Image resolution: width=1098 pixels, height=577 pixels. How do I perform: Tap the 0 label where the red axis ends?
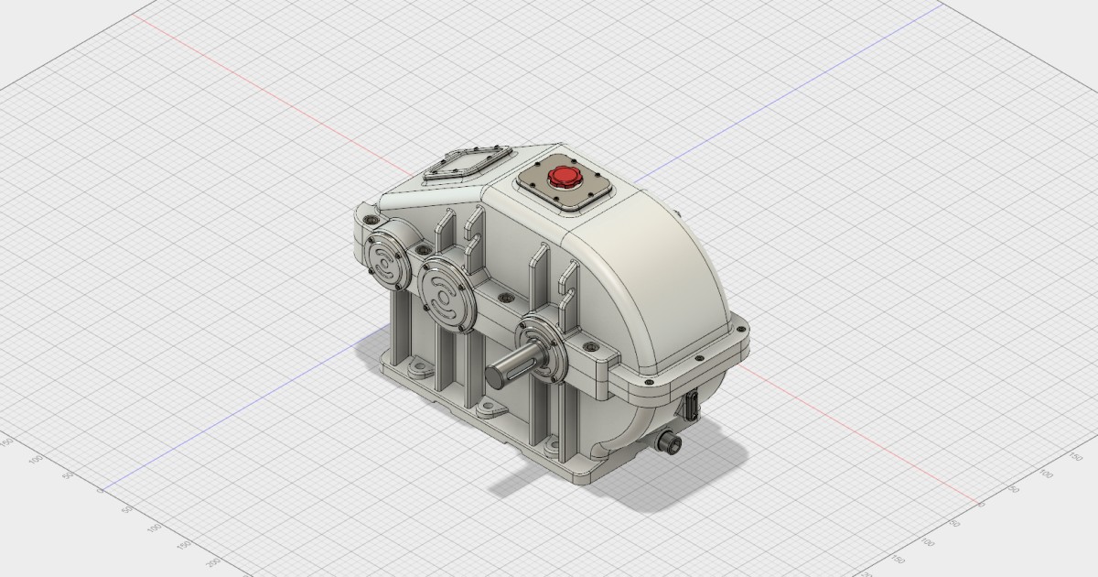(982, 503)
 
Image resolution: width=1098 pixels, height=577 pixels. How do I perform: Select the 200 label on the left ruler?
(214, 561)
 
